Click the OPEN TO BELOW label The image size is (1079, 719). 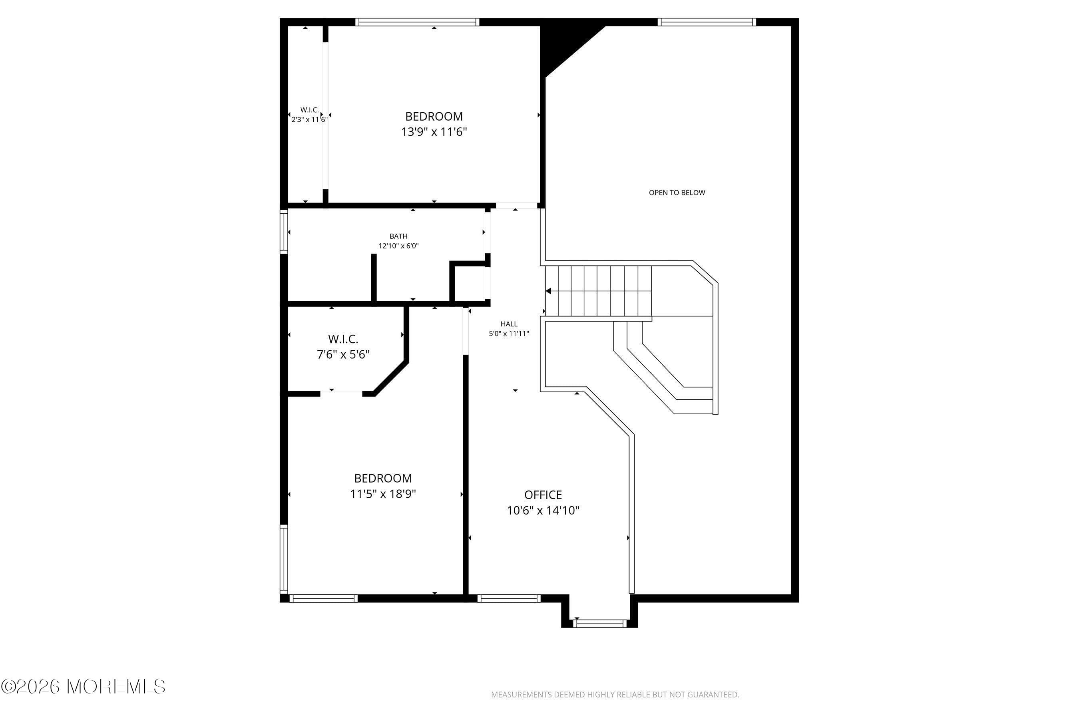[677, 193]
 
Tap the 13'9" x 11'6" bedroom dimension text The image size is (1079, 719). [434, 132]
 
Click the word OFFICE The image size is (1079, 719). [543, 495]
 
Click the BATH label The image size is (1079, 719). [398, 236]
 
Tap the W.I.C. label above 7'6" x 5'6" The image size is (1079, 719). [343, 339]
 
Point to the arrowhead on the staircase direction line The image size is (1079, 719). [548, 291]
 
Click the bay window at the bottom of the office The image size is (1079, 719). [599, 623]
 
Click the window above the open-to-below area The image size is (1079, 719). [707, 22]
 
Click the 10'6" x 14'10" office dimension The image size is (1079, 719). [543, 510]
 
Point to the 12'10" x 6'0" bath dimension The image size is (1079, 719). [398, 246]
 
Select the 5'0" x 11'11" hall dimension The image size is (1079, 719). [509, 334]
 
